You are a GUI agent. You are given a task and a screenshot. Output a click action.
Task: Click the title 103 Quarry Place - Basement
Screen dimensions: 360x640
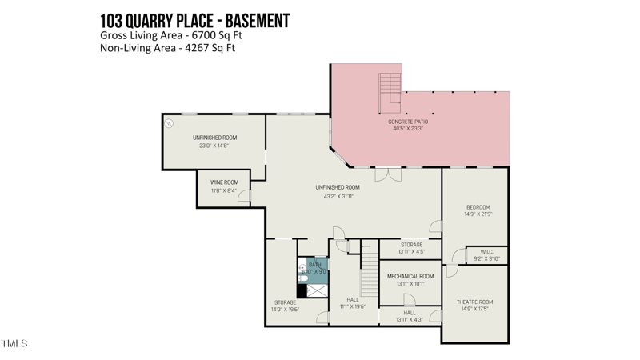194,19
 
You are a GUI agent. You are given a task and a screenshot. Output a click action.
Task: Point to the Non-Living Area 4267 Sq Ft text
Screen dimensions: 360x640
168,48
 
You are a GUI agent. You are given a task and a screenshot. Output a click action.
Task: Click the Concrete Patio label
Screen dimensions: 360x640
408,122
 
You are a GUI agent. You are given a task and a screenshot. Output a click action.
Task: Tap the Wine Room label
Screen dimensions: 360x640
224,182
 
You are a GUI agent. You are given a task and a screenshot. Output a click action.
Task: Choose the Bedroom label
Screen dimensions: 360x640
477,207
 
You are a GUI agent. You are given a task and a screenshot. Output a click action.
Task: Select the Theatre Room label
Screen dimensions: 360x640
474,302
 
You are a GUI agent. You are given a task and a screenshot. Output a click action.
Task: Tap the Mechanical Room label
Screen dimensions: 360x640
410,276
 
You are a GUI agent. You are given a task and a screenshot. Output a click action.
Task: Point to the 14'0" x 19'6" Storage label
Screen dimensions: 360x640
286,302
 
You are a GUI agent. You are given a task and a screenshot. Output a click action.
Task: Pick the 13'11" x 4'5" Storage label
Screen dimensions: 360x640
411,245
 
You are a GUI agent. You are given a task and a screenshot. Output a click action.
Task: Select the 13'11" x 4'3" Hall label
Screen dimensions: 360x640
410,313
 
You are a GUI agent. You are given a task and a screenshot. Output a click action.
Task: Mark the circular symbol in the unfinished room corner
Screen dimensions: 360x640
169,123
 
